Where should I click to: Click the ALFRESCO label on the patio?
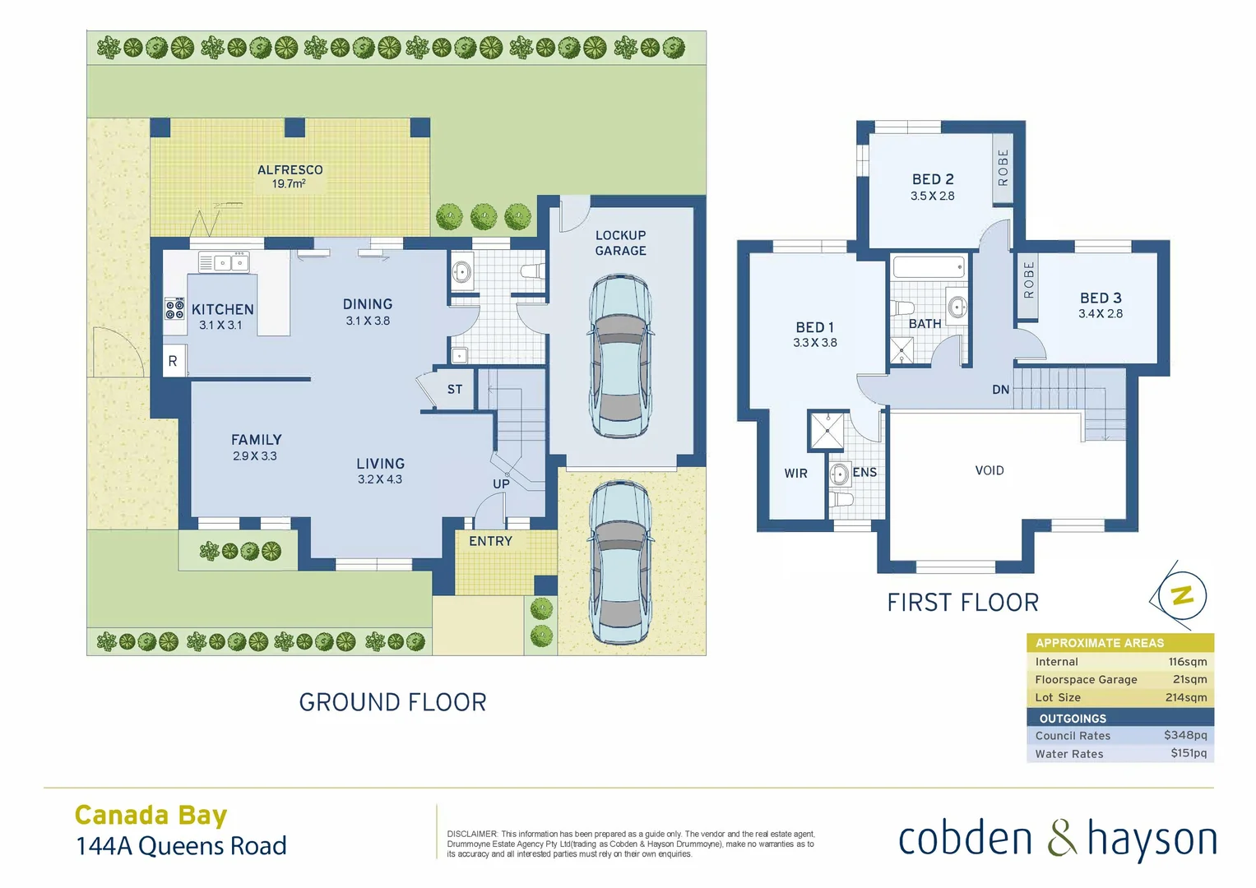point(290,170)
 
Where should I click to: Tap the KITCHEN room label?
point(222,309)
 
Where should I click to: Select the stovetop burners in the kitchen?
point(174,309)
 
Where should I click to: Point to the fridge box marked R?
point(173,361)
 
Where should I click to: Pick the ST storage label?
point(455,390)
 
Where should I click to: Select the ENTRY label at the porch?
point(490,541)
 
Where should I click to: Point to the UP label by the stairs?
point(501,483)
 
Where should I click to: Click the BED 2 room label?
point(933,179)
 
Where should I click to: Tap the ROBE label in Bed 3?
point(1028,280)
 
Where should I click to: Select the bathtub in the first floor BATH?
point(928,267)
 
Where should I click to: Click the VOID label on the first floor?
point(990,470)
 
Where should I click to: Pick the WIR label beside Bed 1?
point(795,474)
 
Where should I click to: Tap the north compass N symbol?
point(1182,595)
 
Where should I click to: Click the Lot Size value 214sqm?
point(1185,697)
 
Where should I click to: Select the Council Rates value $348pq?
point(1184,735)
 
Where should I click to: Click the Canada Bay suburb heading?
point(151,815)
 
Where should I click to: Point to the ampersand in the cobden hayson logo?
point(1061,839)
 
